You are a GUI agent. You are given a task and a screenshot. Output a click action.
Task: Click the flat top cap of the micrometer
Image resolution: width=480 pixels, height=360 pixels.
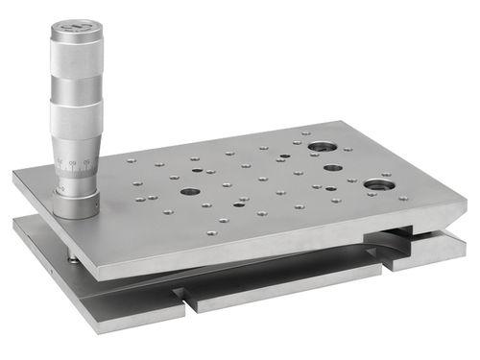[x=76, y=25]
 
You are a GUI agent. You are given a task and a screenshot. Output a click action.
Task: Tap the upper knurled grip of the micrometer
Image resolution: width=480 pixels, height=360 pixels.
[x=77, y=58]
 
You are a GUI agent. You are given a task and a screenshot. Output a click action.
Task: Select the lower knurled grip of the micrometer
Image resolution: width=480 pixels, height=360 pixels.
[x=76, y=120]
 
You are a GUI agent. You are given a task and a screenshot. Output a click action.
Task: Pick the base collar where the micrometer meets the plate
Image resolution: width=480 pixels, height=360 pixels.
[x=76, y=203]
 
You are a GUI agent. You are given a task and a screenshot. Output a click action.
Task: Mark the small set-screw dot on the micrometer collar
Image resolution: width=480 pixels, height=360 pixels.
[x=63, y=191]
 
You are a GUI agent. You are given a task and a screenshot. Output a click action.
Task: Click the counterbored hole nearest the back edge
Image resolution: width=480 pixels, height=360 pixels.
[x=322, y=147]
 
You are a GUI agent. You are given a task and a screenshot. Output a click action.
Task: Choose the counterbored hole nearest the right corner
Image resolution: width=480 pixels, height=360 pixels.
[x=378, y=184]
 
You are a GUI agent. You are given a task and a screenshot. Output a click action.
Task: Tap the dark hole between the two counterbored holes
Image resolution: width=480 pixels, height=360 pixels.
[x=332, y=168]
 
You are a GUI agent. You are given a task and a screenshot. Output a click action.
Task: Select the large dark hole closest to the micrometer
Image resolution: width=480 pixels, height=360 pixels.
[x=190, y=191]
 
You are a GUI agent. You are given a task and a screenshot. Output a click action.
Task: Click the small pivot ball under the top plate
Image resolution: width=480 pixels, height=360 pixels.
[x=75, y=256]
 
